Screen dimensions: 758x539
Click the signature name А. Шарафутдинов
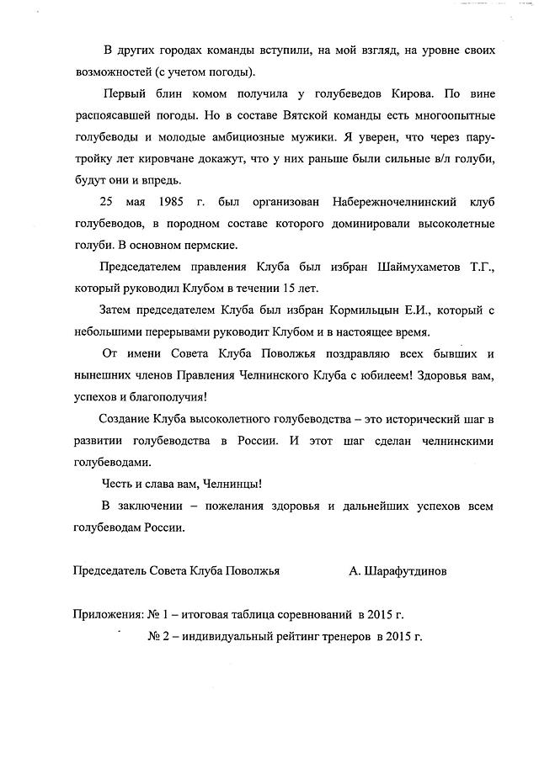[x=398, y=570]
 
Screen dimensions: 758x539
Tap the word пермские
[x=211, y=246]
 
